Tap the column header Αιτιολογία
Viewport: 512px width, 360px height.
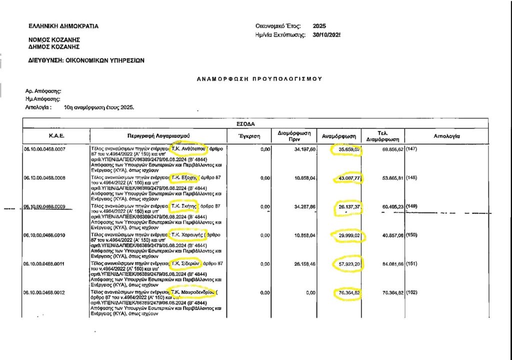[447, 136]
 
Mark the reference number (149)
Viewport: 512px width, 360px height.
[412, 206]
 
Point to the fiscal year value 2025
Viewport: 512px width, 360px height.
[319, 25]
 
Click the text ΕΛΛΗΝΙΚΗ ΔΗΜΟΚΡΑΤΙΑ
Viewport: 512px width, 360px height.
[63, 26]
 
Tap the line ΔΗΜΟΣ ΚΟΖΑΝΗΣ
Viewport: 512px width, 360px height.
[54, 46]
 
